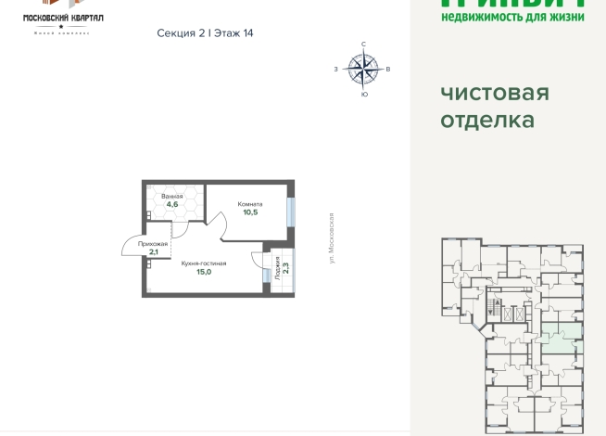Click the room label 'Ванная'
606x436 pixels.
click(x=171, y=197)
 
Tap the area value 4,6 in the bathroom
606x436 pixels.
click(x=171, y=205)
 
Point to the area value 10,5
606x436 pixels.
click(x=249, y=212)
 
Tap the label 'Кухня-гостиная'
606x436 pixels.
click(x=204, y=263)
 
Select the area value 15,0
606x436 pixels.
click(x=204, y=272)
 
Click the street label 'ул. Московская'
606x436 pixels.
click(x=331, y=237)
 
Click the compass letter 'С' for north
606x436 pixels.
click(x=363, y=45)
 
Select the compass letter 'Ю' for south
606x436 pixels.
click(x=363, y=94)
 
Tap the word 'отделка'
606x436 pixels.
click(x=487, y=121)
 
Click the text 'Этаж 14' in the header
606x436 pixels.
click(x=234, y=32)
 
